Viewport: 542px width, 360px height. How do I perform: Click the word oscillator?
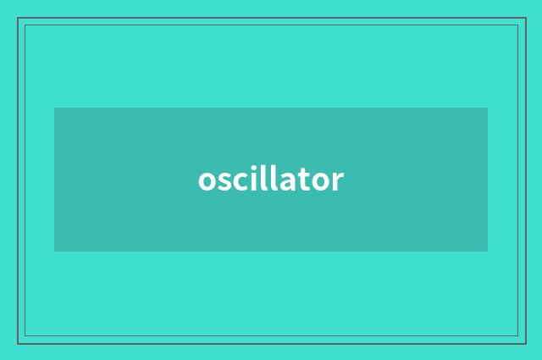click(x=271, y=180)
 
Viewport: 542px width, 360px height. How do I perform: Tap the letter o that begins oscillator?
click(x=207, y=181)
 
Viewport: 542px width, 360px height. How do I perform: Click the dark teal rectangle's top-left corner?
click(x=54, y=108)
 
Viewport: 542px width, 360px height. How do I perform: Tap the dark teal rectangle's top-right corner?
click(x=488, y=108)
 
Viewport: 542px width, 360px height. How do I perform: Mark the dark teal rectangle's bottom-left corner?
click(x=54, y=252)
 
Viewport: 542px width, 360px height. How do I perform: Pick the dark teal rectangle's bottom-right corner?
click(x=488, y=252)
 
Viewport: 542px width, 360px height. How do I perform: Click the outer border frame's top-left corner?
click(x=18, y=18)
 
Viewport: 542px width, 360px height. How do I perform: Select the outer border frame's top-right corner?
click(x=525, y=18)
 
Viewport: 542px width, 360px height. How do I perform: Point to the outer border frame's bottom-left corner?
click(x=18, y=343)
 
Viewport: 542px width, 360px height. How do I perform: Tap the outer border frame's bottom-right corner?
click(x=525, y=343)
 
